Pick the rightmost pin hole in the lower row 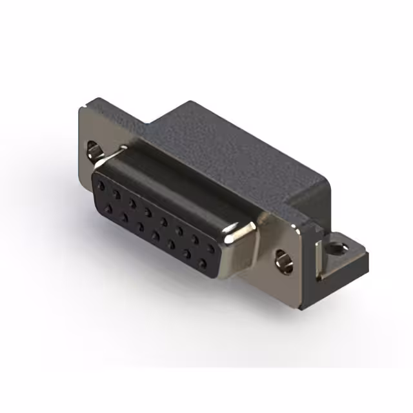(x=203, y=263)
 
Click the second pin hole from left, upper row (x=117, y=193)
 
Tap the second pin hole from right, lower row (x=187, y=254)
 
